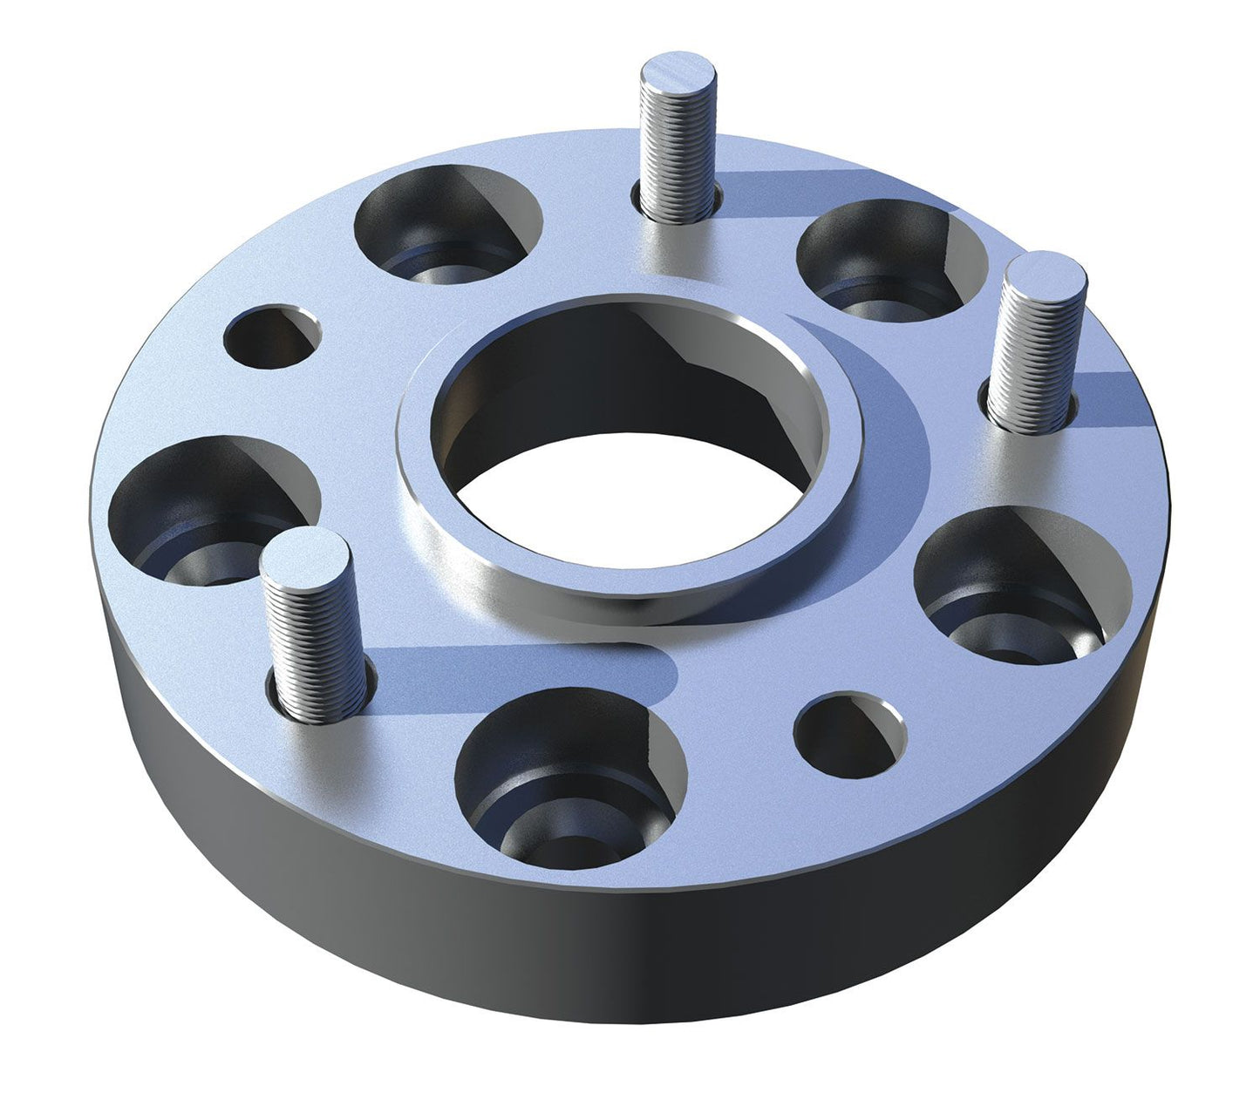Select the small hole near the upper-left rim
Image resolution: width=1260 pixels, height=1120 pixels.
pos(271,335)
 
